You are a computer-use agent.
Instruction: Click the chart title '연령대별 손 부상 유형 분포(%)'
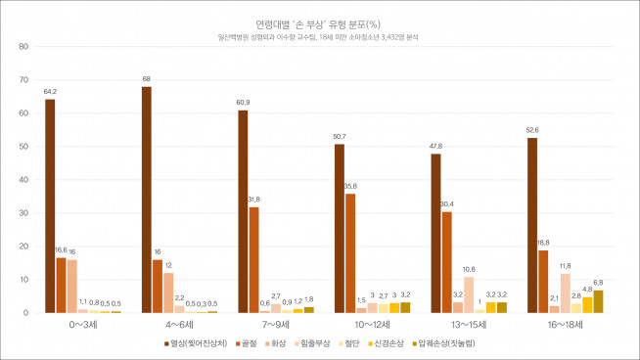pyautogui.click(x=319, y=22)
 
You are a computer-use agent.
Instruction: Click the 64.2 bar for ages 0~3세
pyautogui.click(x=50, y=205)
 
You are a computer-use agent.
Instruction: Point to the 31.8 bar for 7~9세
pyautogui.click(x=253, y=259)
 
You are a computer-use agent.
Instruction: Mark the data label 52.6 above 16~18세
pyautogui.click(x=532, y=130)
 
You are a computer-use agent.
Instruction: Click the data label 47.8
pyautogui.click(x=435, y=146)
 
